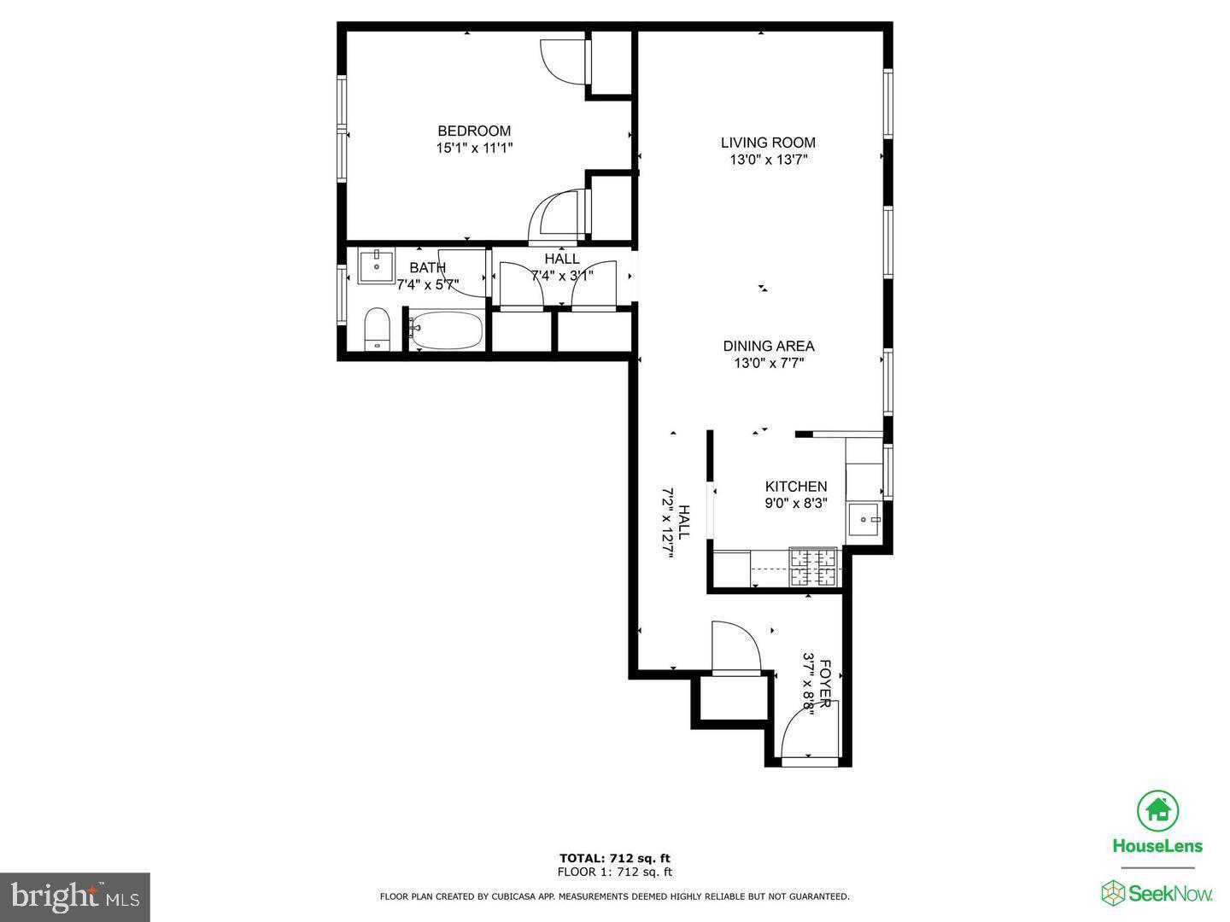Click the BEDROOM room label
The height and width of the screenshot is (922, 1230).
[474, 131]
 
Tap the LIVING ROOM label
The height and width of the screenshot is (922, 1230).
[768, 143]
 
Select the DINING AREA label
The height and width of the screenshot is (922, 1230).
[769, 346]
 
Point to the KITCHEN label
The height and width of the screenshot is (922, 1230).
[795, 487]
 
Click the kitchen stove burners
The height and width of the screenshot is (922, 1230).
[813, 568]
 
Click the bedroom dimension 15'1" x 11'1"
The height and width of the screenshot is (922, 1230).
[474, 148]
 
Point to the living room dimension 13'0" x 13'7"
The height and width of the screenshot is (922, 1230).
[768, 160]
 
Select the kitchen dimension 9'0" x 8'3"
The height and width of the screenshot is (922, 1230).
[795, 504]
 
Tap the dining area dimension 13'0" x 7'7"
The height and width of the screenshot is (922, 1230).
[769, 363]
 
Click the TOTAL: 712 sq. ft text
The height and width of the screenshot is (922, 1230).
[615, 858]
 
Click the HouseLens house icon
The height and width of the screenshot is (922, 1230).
[1157, 810]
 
